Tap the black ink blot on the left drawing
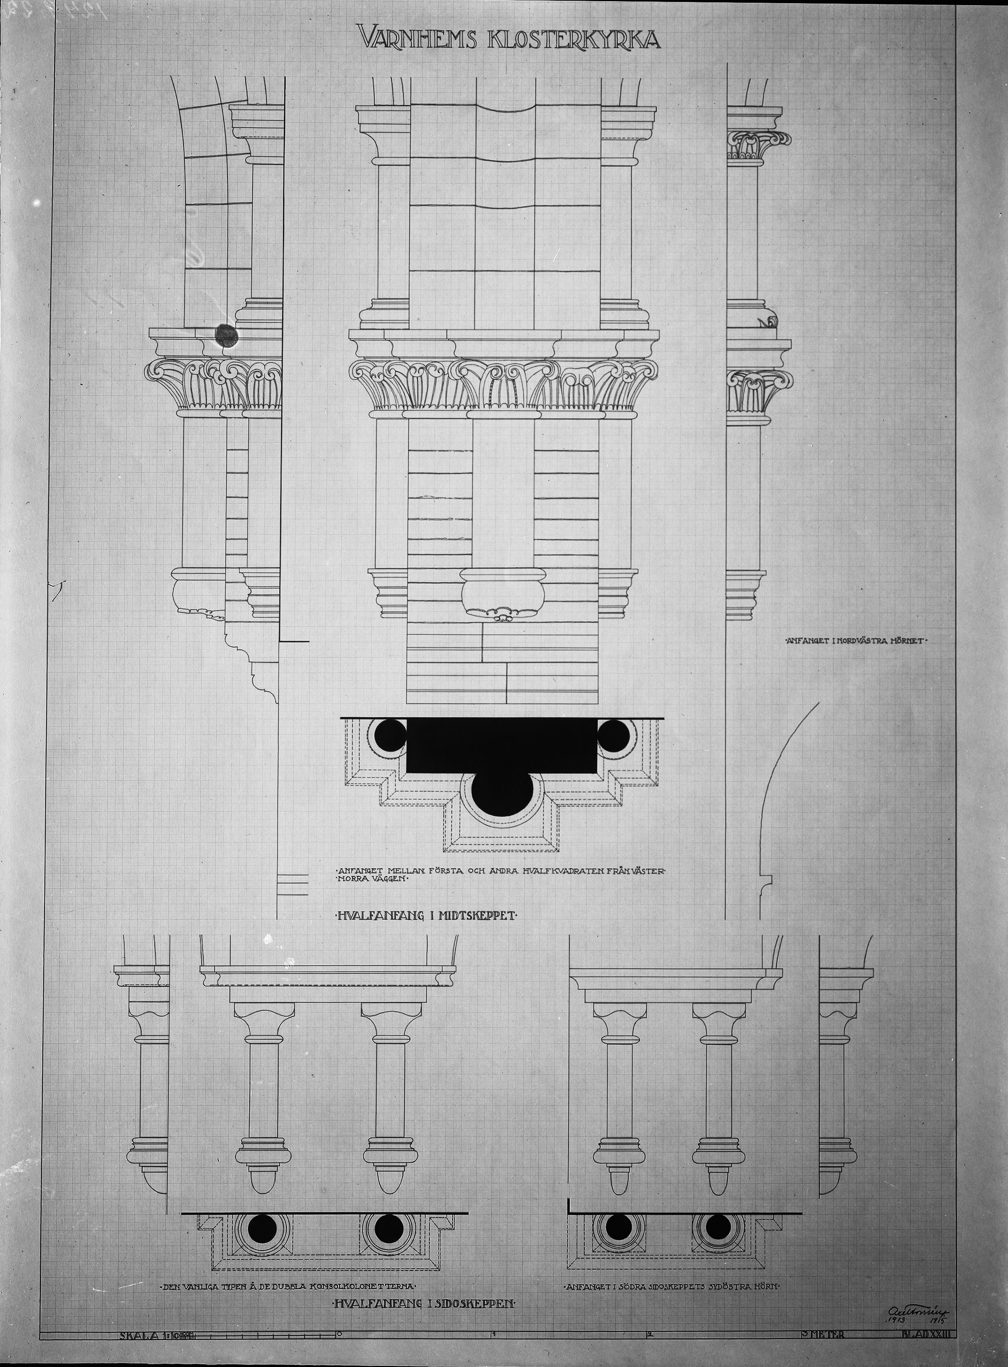click(226, 334)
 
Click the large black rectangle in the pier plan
click(502, 746)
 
